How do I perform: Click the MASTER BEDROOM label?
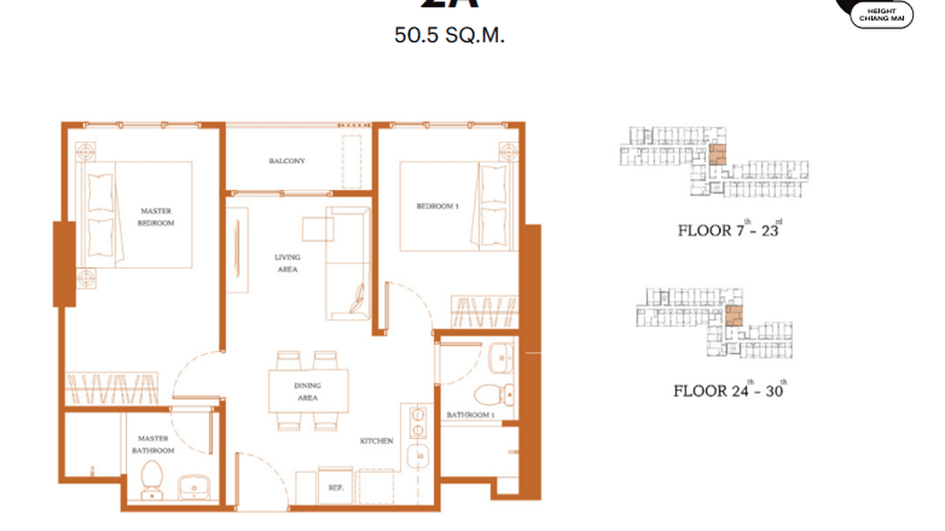[x=156, y=217]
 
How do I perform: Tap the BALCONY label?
[x=287, y=161]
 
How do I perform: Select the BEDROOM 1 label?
[x=437, y=206]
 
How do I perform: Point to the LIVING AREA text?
[x=287, y=263]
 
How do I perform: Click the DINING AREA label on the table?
[x=308, y=392]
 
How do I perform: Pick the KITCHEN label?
[x=377, y=441]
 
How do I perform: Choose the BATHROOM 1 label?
[x=470, y=415]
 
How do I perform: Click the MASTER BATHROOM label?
[x=153, y=444]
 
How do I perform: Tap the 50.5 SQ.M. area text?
[x=449, y=35]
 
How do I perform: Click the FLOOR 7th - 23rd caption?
[x=728, y=230]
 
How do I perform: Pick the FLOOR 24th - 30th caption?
[x=729, y=390]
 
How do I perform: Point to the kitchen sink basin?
[x=419, y=458]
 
